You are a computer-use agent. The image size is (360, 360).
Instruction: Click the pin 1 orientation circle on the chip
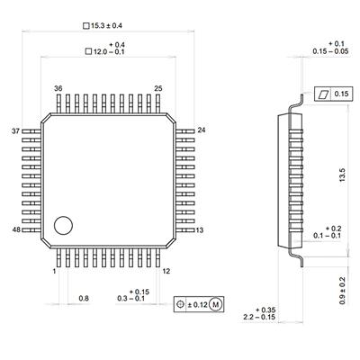63,225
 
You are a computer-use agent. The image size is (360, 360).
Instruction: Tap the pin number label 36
58,88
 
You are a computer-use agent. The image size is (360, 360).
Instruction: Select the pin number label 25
158,88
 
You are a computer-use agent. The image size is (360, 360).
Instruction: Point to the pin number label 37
15,131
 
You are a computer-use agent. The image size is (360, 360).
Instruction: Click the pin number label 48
16,229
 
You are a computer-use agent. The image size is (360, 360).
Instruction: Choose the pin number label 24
202,130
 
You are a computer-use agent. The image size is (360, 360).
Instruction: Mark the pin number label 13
200,230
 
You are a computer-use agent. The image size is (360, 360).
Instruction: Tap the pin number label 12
166,271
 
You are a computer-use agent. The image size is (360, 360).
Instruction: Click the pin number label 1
54,272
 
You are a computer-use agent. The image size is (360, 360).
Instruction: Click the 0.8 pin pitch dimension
84,299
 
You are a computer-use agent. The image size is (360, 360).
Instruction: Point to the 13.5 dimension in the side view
342,175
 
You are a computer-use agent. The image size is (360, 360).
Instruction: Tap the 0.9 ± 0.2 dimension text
342,291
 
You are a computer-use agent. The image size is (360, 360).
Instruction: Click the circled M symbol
216,305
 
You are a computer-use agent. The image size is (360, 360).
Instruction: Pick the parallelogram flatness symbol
322,94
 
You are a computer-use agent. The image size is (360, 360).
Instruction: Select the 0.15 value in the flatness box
342,94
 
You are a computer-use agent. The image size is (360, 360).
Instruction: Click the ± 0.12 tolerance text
198,305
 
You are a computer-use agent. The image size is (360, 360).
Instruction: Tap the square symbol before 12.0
88,51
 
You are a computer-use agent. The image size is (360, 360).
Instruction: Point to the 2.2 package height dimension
248,317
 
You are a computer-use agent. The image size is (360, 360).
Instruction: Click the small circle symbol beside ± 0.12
180,304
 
